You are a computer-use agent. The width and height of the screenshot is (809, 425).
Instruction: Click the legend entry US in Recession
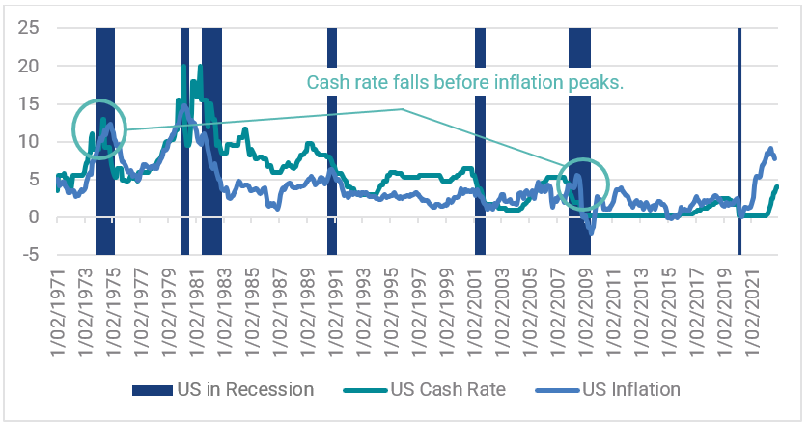223,390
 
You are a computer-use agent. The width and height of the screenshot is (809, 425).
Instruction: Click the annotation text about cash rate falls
465,83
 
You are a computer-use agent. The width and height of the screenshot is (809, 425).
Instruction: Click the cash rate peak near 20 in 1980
184,68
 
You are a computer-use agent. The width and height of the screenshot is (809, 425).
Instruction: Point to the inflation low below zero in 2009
591,232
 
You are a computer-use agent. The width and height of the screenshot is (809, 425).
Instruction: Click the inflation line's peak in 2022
770,149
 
